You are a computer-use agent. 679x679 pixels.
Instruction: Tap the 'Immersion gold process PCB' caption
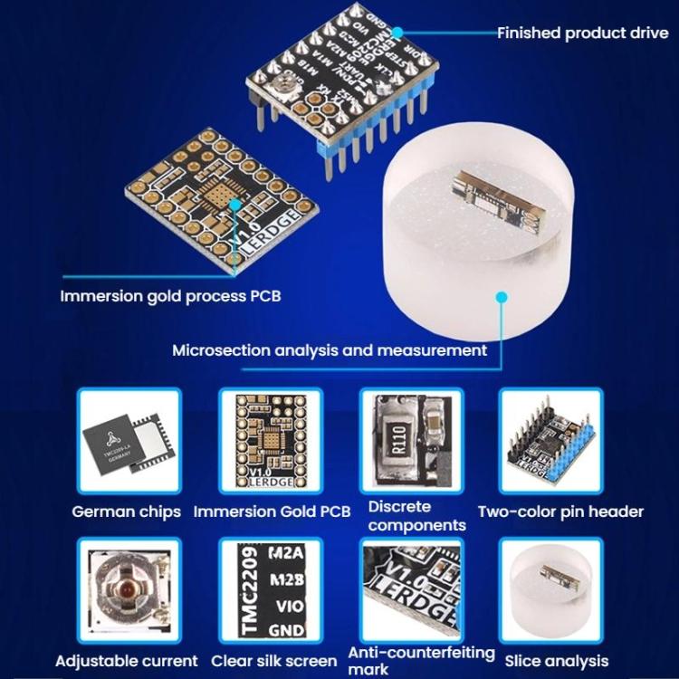tap(165, 296)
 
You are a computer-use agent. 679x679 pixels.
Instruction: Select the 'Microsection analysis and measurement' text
tap(330, 350)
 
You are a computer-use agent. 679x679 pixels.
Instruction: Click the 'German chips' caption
tap(126, 512)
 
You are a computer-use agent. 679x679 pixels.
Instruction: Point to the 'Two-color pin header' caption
tap(560, 512)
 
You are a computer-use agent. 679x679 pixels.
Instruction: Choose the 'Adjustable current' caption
tap(126, 661)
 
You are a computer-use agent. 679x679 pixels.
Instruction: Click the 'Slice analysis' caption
tap(557, 661)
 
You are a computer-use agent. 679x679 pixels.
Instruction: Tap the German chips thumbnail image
tap(128, 445)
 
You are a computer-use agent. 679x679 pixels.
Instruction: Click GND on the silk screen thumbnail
tap(287, 627)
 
